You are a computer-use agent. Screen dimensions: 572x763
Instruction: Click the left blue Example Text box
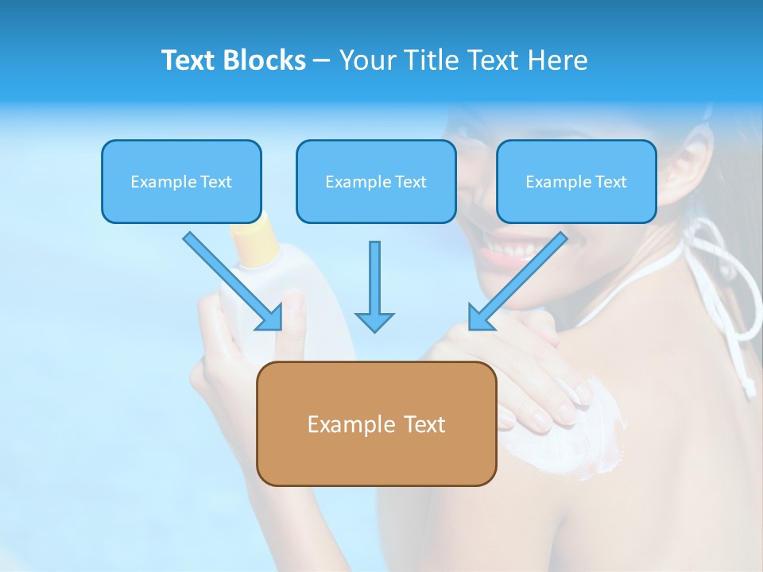[181, 182]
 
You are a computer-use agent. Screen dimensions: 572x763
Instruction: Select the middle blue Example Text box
[376, 182]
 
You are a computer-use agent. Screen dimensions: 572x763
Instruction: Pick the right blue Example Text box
[576, 182]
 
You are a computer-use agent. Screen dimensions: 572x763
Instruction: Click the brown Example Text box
[376, 424]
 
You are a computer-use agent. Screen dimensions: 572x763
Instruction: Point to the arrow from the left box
[233, 281]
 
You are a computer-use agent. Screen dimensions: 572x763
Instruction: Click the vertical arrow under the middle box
[374, 286]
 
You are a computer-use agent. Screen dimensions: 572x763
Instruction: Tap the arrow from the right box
[517, 281]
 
